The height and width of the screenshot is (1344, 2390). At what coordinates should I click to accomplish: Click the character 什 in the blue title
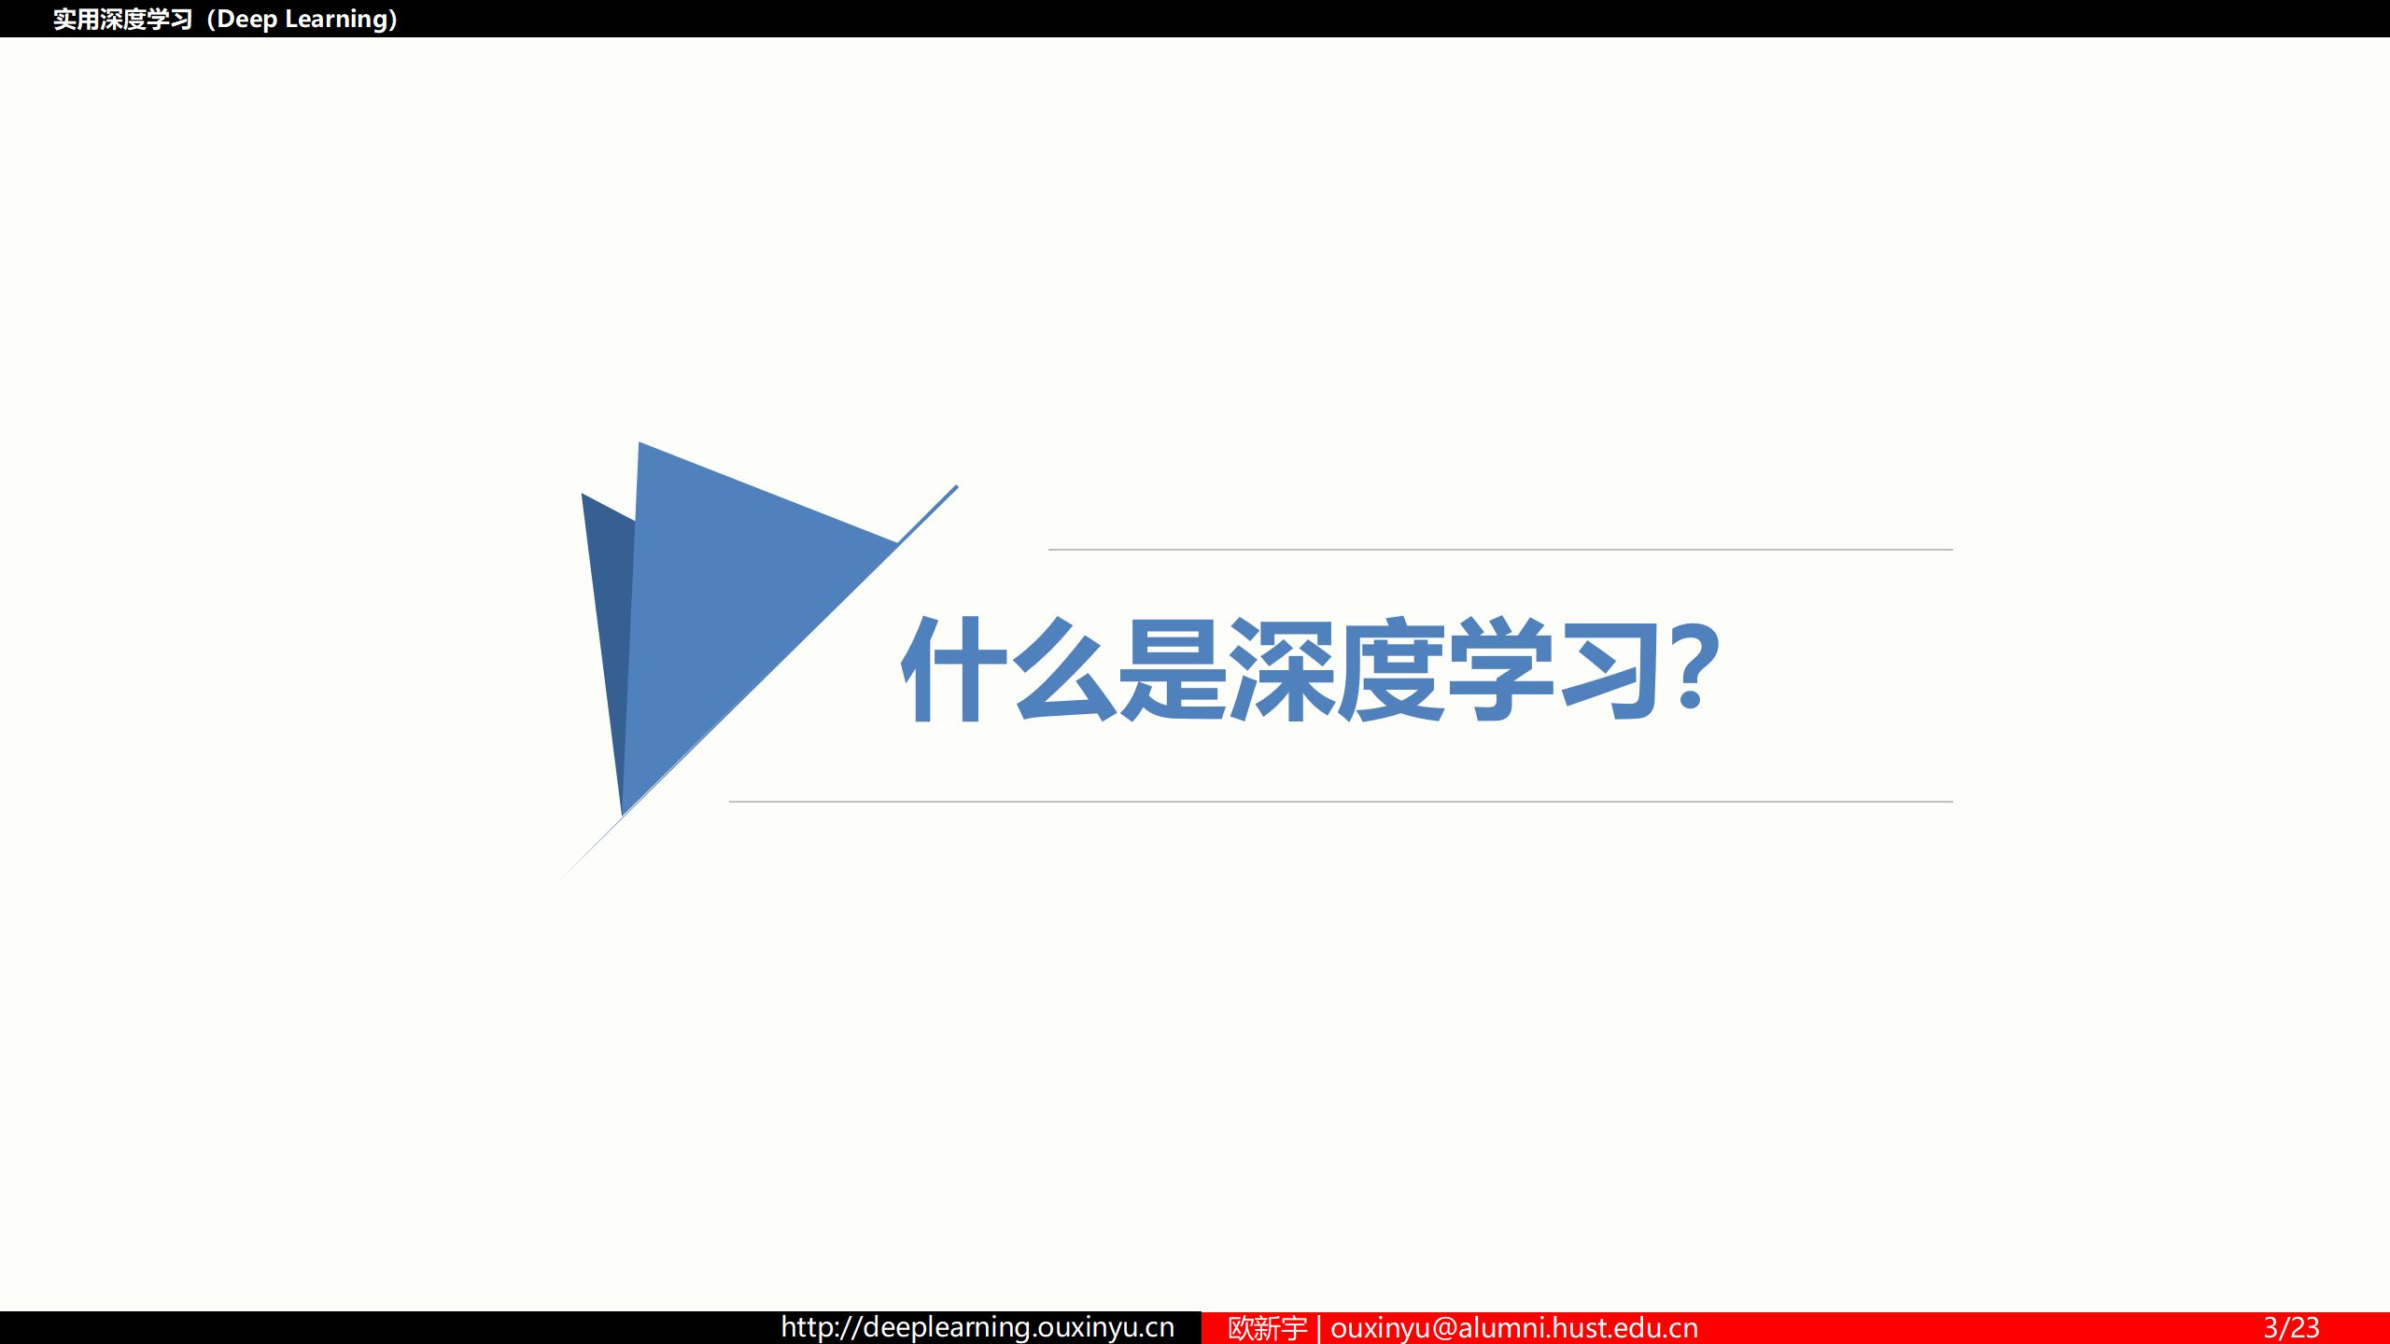(953, 669)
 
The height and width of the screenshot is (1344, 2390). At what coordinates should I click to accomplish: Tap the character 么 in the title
(1064, 669)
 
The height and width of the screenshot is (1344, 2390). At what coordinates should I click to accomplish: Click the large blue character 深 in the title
(1282, 669)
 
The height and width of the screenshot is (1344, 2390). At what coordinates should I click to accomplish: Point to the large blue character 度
(1391, 669)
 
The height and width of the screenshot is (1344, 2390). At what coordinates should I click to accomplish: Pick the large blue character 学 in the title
(1500, 669)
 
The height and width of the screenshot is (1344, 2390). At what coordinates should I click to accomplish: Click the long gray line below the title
(1341, 801)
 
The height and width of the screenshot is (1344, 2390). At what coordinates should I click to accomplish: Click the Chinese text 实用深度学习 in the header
(122, 19)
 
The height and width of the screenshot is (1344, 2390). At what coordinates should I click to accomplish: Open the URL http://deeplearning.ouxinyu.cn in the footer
(977, 1327)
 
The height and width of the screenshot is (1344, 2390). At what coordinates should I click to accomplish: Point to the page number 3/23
(2291, 1327)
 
